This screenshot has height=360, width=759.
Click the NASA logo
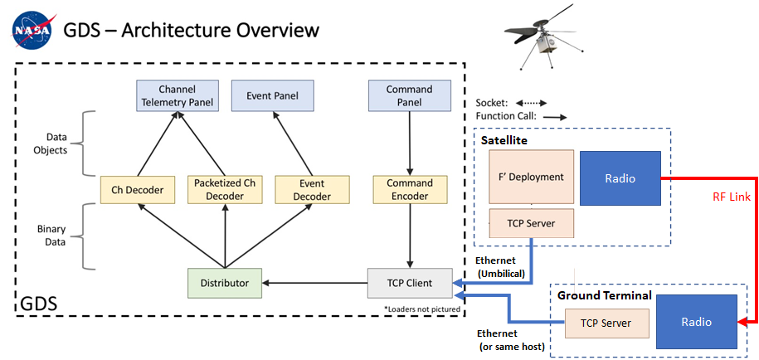click(31, 32)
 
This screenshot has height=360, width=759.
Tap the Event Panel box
click(272, 95)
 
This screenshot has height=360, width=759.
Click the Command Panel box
click(409, 95)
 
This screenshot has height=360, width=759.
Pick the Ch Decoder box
click(137, 190)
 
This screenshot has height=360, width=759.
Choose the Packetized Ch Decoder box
click(224, 190)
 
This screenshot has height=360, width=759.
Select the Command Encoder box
click(410, 190)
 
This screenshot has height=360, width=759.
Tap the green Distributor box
click(224, 283)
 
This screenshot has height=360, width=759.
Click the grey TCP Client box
click(410, 283)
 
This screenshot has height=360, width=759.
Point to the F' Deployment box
click(531, 177)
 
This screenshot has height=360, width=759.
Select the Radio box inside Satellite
click(620, 178)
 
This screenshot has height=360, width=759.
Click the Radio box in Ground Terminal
click(696, 322)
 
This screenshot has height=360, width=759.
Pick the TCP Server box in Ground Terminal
click(606, 323)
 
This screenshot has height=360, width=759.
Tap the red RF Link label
click(733, 197)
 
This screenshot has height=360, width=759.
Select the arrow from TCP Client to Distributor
click(315, 283)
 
